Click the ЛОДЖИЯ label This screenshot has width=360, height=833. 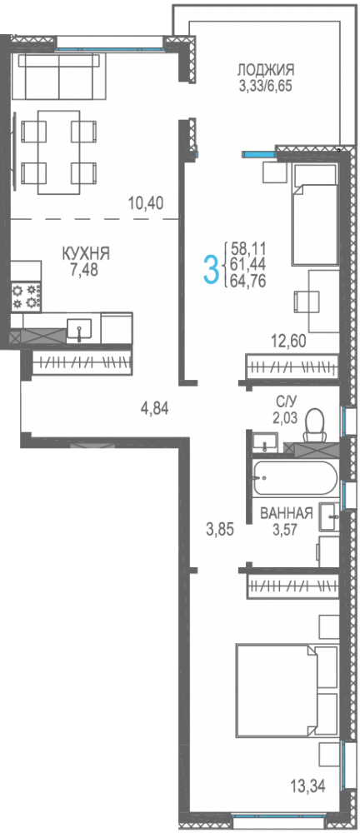266,70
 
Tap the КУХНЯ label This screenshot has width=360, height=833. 86,253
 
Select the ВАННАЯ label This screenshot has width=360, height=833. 286,513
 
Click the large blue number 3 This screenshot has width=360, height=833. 212,270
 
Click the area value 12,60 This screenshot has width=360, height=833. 288,341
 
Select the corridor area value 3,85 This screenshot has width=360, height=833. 220,529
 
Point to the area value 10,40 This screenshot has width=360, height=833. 145,202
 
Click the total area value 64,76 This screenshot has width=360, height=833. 247,280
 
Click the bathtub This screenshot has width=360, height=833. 294,477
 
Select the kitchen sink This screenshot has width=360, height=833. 78,329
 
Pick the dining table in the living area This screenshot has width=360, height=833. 59,152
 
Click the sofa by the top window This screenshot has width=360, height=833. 59,76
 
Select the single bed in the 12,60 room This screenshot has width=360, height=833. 314,214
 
